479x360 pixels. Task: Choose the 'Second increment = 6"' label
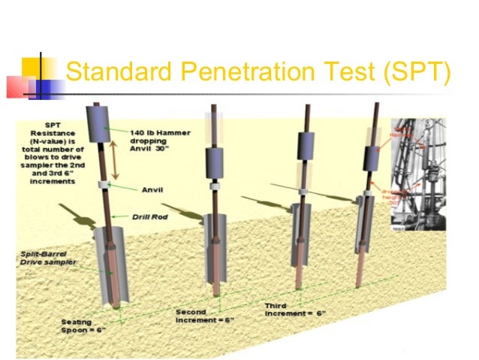(x=205, y=316)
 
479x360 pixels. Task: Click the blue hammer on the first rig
(x=98, y=124)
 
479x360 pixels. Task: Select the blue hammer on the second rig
(x=213, y=159)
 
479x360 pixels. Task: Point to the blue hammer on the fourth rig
(x=373, y=158)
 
